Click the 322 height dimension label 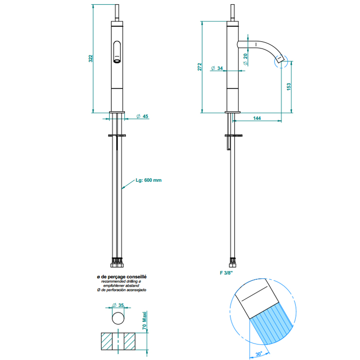coord(90,58)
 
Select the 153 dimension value coord(289,86)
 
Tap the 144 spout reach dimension coord(257,118)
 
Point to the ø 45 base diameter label coord(142,116)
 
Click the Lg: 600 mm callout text coord(149,180)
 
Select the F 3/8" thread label coord(226,274)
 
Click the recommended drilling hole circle coord(118,319)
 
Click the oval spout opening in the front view coord(118,52)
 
